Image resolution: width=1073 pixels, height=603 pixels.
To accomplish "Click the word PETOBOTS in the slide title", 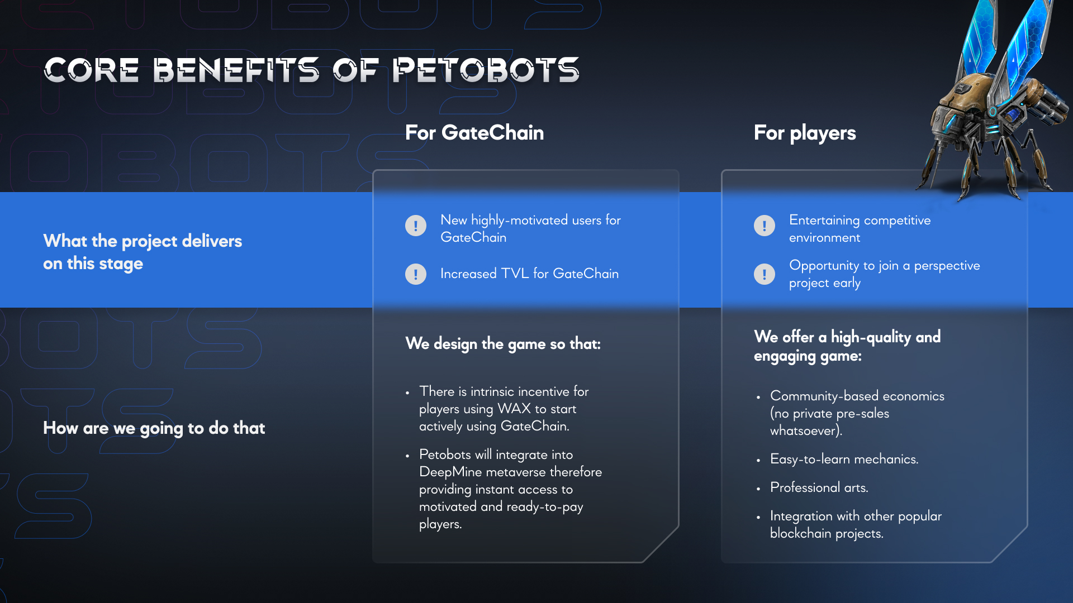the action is point(486,70).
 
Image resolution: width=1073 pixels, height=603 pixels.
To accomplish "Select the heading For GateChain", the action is point(474,133).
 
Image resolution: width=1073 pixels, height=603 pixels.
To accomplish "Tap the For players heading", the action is point(805,133).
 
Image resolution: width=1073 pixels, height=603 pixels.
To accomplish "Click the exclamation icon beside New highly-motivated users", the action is point(416,226).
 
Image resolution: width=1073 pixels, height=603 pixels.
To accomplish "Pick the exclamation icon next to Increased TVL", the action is point(416,274).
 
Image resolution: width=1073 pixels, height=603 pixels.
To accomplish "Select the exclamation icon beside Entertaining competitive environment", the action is point(765,226).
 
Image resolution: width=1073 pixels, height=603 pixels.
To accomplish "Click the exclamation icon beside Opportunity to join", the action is point(765,274).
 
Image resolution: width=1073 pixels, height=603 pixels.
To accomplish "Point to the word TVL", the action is point(515,274).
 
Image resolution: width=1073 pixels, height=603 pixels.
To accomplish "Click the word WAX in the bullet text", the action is point(514,409).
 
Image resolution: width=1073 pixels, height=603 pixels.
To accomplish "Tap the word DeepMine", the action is point(450,472).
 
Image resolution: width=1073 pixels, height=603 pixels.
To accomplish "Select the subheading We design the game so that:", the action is point(503,344).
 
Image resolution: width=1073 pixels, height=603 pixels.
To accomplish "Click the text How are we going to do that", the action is point(154,428).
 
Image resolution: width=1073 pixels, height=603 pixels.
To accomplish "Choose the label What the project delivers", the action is point(143,241).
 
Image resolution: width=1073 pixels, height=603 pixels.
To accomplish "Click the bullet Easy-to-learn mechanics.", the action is point(844,459).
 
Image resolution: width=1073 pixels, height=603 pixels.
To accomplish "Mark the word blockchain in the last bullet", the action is point(801,533).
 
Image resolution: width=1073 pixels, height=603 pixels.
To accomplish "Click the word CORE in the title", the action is point(92,70).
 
